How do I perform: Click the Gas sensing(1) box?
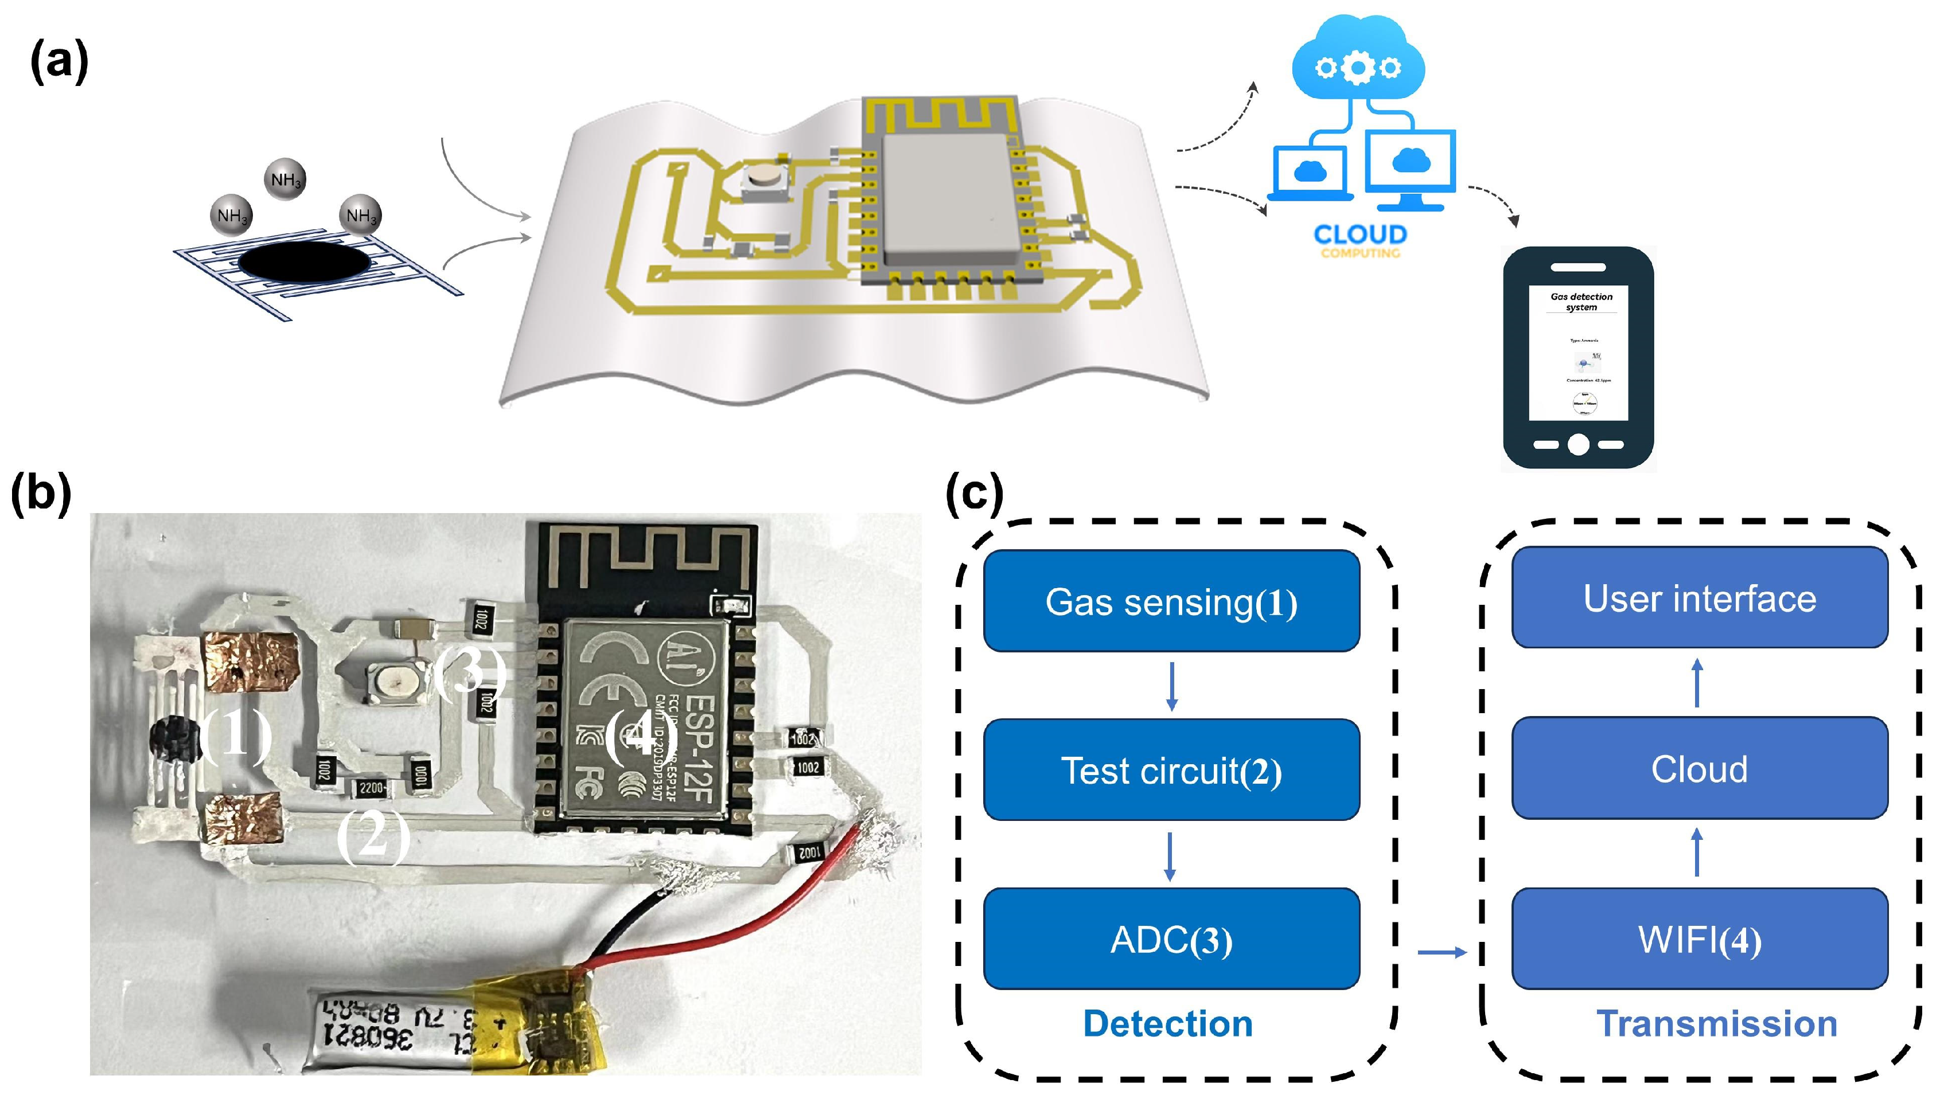1171,601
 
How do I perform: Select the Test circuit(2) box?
1171,770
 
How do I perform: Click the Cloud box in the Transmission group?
1699,768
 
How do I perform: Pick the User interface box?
1699,598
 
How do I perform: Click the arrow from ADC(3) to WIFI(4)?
1442,952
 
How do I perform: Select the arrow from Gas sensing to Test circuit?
1171,686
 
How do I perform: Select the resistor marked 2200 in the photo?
371,788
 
